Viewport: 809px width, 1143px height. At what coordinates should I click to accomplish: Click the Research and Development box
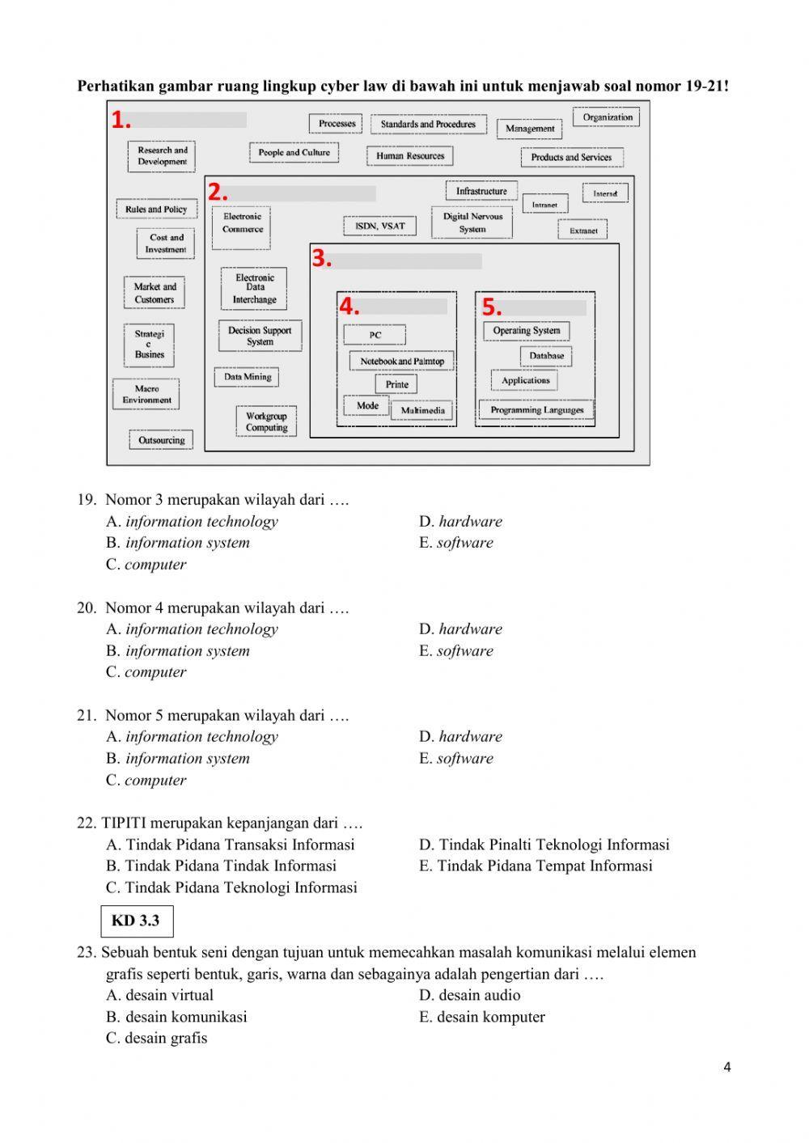(162, 156)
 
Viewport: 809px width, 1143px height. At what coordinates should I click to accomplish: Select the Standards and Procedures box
(428, 125)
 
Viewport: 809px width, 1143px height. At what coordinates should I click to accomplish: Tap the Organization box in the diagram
(607, 117)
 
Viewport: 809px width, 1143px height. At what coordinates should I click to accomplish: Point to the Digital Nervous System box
(472, 222)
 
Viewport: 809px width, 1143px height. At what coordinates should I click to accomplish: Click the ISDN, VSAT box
(380, 226)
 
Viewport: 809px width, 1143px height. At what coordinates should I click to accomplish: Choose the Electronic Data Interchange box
(255, 289)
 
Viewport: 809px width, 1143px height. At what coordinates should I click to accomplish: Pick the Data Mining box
(248, 377)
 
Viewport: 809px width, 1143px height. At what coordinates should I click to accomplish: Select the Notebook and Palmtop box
(402, 362)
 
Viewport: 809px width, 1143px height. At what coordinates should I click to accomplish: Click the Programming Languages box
(536, 410)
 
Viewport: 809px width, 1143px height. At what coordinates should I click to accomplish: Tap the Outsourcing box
(161, 441)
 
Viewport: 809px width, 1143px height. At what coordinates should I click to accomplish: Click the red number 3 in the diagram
(321, 259)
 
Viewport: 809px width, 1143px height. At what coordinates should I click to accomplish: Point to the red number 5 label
(492, 307)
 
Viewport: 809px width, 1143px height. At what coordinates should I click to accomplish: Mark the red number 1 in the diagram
(121, 121)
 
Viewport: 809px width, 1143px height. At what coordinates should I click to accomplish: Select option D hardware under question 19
(461, 522)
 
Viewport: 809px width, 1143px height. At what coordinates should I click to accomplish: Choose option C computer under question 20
(146, 672)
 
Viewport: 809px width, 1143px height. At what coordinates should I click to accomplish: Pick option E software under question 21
(456, 759)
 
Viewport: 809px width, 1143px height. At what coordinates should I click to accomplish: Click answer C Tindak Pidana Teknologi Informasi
(232, 887)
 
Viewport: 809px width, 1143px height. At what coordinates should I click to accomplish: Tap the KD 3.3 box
(136, 921)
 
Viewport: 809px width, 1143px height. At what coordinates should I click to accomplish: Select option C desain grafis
(157, 1039)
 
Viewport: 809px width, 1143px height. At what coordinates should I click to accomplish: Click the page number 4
(726, 1067)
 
